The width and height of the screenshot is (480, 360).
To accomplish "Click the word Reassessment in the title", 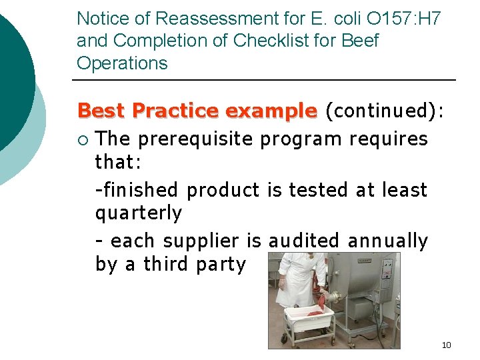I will pos(211,18).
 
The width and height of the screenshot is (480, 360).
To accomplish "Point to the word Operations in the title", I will pos(122,63).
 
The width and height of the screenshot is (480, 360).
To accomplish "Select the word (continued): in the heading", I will pos(383,111).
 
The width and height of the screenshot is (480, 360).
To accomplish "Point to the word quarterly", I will pos(139,214).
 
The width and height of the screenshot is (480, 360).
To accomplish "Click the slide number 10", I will pos(446,345).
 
